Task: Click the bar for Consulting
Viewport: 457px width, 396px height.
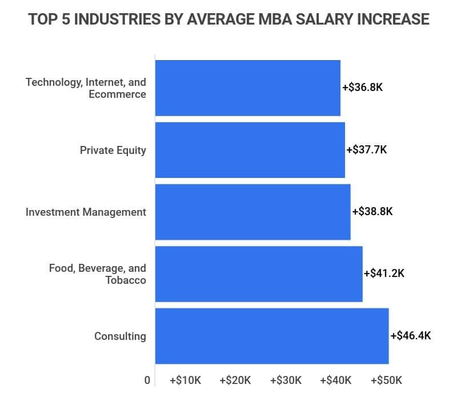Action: click(272, 336)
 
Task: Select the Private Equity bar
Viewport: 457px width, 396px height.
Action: click(250, 150)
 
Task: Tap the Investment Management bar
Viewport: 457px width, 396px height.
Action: click(252, 212)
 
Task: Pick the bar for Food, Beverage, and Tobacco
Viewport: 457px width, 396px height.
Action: click(259, 274)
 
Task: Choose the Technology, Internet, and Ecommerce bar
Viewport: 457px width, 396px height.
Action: click(248, 88)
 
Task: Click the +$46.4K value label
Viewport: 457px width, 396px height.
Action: click(411, 336)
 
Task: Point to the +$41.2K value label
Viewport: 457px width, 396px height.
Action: click(384, 274)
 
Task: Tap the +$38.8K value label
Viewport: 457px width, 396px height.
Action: click(372, 212)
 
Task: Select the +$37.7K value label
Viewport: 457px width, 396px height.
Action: click(367, 150)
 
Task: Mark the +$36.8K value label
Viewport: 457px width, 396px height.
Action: click(362, 88)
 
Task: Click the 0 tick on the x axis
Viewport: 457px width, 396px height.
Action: click(147, 381)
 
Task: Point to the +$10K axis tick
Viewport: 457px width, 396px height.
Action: click(185, 381)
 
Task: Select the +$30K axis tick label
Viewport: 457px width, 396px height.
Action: click(286, 381)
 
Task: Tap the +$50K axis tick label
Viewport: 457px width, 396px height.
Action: click(387, 381)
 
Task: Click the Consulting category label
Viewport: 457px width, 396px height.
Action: click(120, 336)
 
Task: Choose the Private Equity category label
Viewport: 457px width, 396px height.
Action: click(113, 151)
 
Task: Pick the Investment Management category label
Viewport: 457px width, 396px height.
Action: click(86, 212)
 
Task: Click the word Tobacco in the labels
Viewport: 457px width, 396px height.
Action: click(126, 280)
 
